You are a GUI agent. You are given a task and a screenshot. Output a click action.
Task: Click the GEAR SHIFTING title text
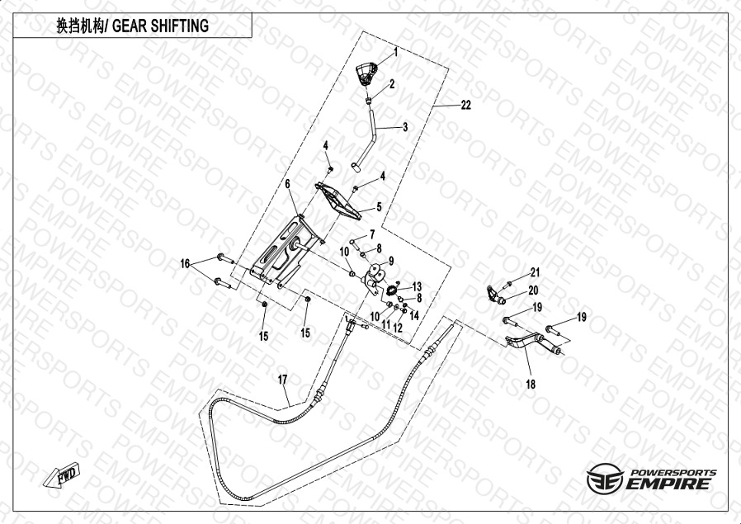coord(131,26)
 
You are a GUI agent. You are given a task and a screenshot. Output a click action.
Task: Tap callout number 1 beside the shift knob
coord(395,51)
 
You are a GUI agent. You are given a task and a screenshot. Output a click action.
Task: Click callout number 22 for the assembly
coord(466,105)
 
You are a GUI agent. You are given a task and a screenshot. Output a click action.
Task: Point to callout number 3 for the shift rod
coord(405,128)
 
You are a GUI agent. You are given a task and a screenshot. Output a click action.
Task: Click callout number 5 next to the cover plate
coord(379,207)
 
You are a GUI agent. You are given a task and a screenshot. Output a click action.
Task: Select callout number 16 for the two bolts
coord(186,263)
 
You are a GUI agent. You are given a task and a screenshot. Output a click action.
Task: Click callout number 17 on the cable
coord(282,380)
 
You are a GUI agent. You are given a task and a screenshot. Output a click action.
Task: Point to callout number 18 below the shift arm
coord(530,385)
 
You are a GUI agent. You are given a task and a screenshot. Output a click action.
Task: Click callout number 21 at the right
coord(535,272)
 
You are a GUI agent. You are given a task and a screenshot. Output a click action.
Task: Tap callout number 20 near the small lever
coord(532,290)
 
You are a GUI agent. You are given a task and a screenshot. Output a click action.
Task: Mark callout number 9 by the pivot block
coord(391,261)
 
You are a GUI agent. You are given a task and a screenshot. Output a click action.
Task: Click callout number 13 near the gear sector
coord(417,285)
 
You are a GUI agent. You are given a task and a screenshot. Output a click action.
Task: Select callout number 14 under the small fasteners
coord(415,314)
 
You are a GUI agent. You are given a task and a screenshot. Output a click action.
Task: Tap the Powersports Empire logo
coord(651,479)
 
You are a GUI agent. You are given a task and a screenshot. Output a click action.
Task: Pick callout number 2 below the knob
coord(392,84)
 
